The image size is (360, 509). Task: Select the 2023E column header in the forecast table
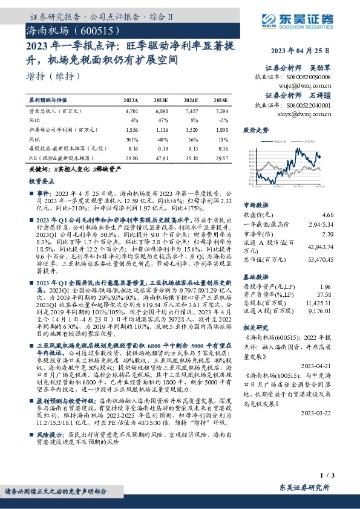(162, 100)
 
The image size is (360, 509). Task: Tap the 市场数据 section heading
(255, 205)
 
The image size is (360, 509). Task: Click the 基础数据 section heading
(255, 275)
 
